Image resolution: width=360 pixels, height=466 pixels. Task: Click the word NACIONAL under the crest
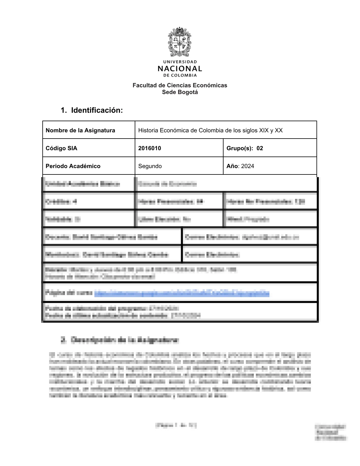point(180,69)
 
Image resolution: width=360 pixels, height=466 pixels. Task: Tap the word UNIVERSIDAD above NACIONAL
point(180,62)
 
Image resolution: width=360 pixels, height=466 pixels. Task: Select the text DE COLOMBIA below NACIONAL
point(180,75)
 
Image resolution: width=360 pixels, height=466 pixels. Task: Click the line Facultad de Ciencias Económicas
point(180,85)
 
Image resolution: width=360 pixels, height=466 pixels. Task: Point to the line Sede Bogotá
point(180,92)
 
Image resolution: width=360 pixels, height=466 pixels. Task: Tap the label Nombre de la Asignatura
point(80,130)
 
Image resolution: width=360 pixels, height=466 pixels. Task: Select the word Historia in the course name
point(148,130)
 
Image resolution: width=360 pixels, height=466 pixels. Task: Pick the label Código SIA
point(61,148)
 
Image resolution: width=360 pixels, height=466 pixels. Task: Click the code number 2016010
point(149,148)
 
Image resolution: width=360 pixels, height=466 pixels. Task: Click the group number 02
point(260,148)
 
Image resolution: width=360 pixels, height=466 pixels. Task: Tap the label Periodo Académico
point(73,166)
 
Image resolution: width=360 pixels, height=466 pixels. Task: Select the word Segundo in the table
point(150,166)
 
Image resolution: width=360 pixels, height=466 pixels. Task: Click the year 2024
point(248,166)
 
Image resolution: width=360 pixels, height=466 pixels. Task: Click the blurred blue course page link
point(182,293)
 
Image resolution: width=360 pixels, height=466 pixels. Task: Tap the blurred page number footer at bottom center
point(176,425)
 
